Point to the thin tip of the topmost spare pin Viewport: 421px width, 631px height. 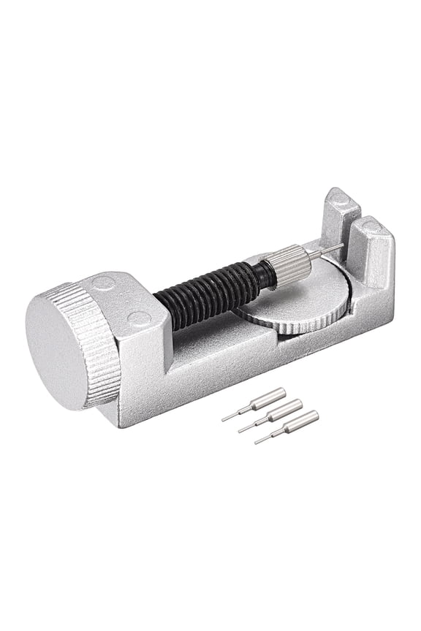click(x=232, y=416)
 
